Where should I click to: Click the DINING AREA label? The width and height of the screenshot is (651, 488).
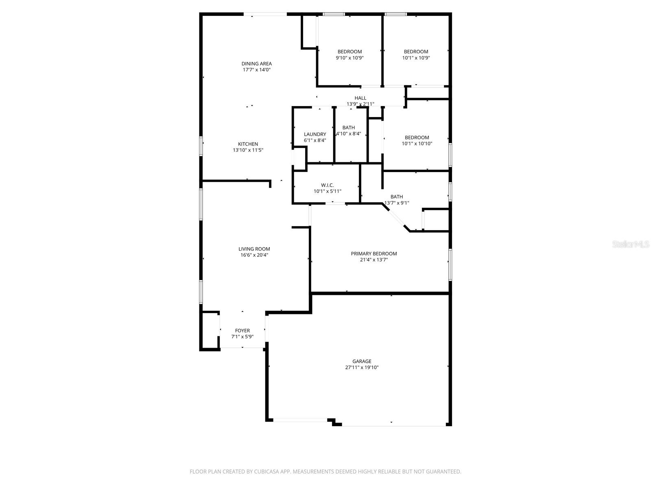tap(257, 64)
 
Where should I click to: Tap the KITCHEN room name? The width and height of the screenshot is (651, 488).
tap(248, 144)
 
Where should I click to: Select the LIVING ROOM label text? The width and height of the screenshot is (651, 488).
tap(254, 249)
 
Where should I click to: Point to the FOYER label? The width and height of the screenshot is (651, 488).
tap(242, 330)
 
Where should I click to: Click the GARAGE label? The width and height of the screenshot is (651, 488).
tap(362, 361)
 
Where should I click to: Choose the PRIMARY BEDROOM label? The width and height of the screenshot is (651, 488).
tap(374, 254)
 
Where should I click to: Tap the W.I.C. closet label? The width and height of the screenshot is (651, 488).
tap(328, 185)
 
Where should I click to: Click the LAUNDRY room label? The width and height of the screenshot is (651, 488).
tap(315, 134)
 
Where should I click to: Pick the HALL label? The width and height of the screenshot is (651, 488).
tap(360, 98)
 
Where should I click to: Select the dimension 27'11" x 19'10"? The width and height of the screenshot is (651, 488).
tap(362, 367)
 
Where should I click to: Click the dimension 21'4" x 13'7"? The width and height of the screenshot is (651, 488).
tap(374, 260)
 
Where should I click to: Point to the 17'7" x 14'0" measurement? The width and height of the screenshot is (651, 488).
tap(257, 70)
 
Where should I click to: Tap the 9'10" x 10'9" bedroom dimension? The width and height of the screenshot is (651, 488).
tap(350, 58)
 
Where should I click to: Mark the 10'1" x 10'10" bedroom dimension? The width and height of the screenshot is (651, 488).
tap(417, 144)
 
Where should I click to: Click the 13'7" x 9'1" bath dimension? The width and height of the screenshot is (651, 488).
tap(397, 203)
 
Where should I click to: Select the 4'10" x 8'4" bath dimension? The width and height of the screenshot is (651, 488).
tap(349, 134)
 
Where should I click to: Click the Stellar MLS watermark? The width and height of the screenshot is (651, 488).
tap(630, 244)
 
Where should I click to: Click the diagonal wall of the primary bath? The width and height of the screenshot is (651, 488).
tap(396, 218)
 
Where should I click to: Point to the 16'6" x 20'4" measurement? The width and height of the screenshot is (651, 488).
tap(254, 255)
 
